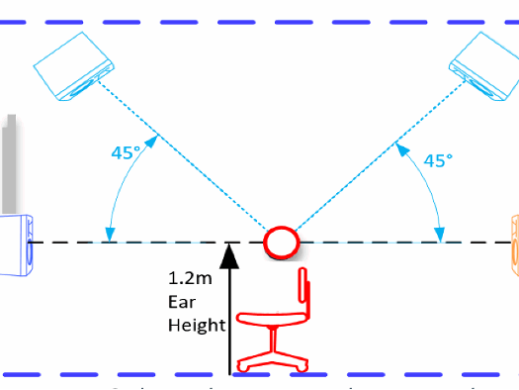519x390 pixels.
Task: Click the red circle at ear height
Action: tap(281, 242)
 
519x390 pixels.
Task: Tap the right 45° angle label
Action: tap(438, 159)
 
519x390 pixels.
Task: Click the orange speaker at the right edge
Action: tap(513, 244)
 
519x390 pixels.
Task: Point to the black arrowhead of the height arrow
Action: tap(229, 255)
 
